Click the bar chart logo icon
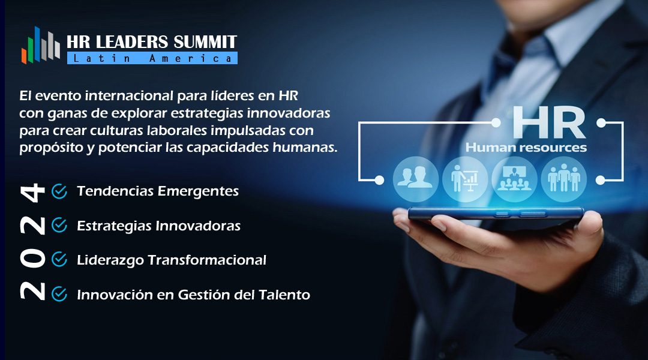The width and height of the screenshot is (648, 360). click(x=41, y=46)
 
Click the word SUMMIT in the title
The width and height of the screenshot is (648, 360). click(x=205, y=42)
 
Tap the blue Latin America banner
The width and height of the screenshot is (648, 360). click(x=152, y=58)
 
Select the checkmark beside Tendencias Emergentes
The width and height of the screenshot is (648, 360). click(x=59, y=191)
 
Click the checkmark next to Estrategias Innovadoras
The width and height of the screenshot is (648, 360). click(x=59, y=226)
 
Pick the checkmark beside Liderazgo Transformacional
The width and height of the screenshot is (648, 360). click(x=59, y=260)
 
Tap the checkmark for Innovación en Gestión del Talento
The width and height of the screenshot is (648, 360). click(x=59, y=294)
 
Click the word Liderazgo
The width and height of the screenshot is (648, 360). click(x=110, y=260)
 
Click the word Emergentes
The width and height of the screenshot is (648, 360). click(x=199, y=191)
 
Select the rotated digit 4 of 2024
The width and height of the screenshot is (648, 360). click(x=32, y=193)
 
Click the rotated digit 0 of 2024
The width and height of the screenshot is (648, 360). click(x=32, y=259)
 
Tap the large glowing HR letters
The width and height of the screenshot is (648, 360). click(x=549, y=122)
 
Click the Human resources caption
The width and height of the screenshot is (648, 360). click(x=526, y=148)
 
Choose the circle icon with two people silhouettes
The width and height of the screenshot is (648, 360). click(x=415, y=179)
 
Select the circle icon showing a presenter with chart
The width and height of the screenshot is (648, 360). click(x=465, y=179)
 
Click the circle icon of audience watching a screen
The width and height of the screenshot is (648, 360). click(x=515, y=179)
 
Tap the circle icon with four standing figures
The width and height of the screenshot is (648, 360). click(x=563, y=179)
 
